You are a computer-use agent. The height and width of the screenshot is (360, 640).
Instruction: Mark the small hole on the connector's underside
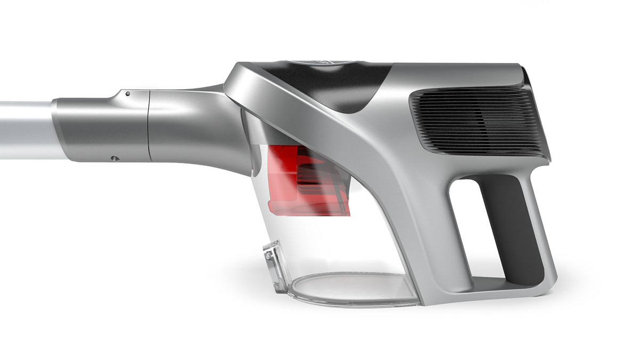(x=113, y=157)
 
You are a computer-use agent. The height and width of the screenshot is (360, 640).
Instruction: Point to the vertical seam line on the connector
(x=148, y=125)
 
